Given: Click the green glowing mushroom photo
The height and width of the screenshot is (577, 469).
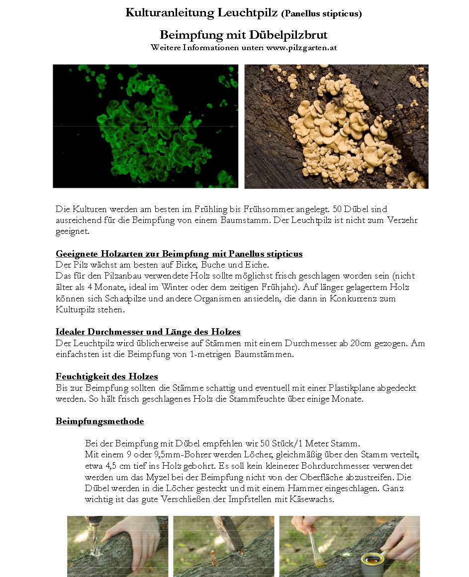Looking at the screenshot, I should tap(145, 126).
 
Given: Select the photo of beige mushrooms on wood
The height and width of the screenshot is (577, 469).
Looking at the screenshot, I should tap(336, 126).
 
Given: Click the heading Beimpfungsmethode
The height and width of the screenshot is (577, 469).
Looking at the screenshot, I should tap(99, 422).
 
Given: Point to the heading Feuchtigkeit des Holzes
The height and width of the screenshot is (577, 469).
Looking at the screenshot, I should tap(106, 377).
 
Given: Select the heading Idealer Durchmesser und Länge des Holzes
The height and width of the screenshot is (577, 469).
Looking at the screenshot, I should tap(148, 332).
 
